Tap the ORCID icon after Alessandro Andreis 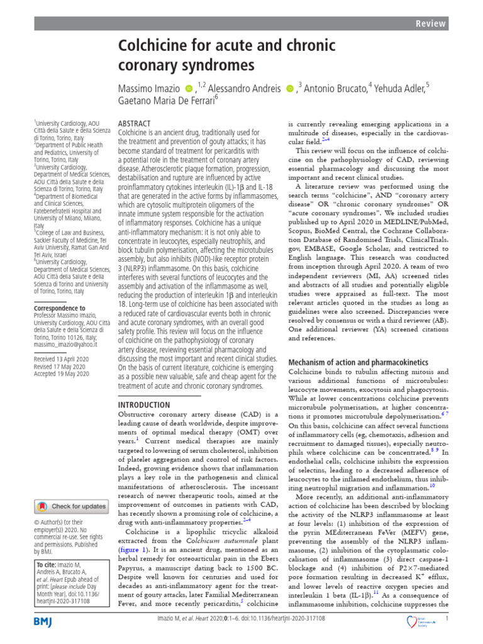289,88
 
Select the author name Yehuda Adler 402,88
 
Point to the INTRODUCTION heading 144,405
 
